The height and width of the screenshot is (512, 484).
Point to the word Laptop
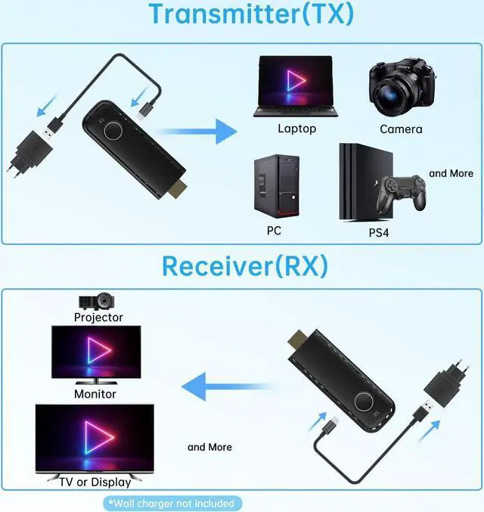(x=296, y=129)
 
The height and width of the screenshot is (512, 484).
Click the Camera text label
(x=401, y=129)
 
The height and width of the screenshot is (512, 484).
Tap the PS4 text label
(x=379, y=233)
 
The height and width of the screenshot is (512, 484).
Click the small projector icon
(x=98, y=301)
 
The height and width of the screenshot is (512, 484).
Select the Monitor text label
(x=95, y=394)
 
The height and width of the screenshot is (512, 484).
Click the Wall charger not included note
(x=170, y=503)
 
